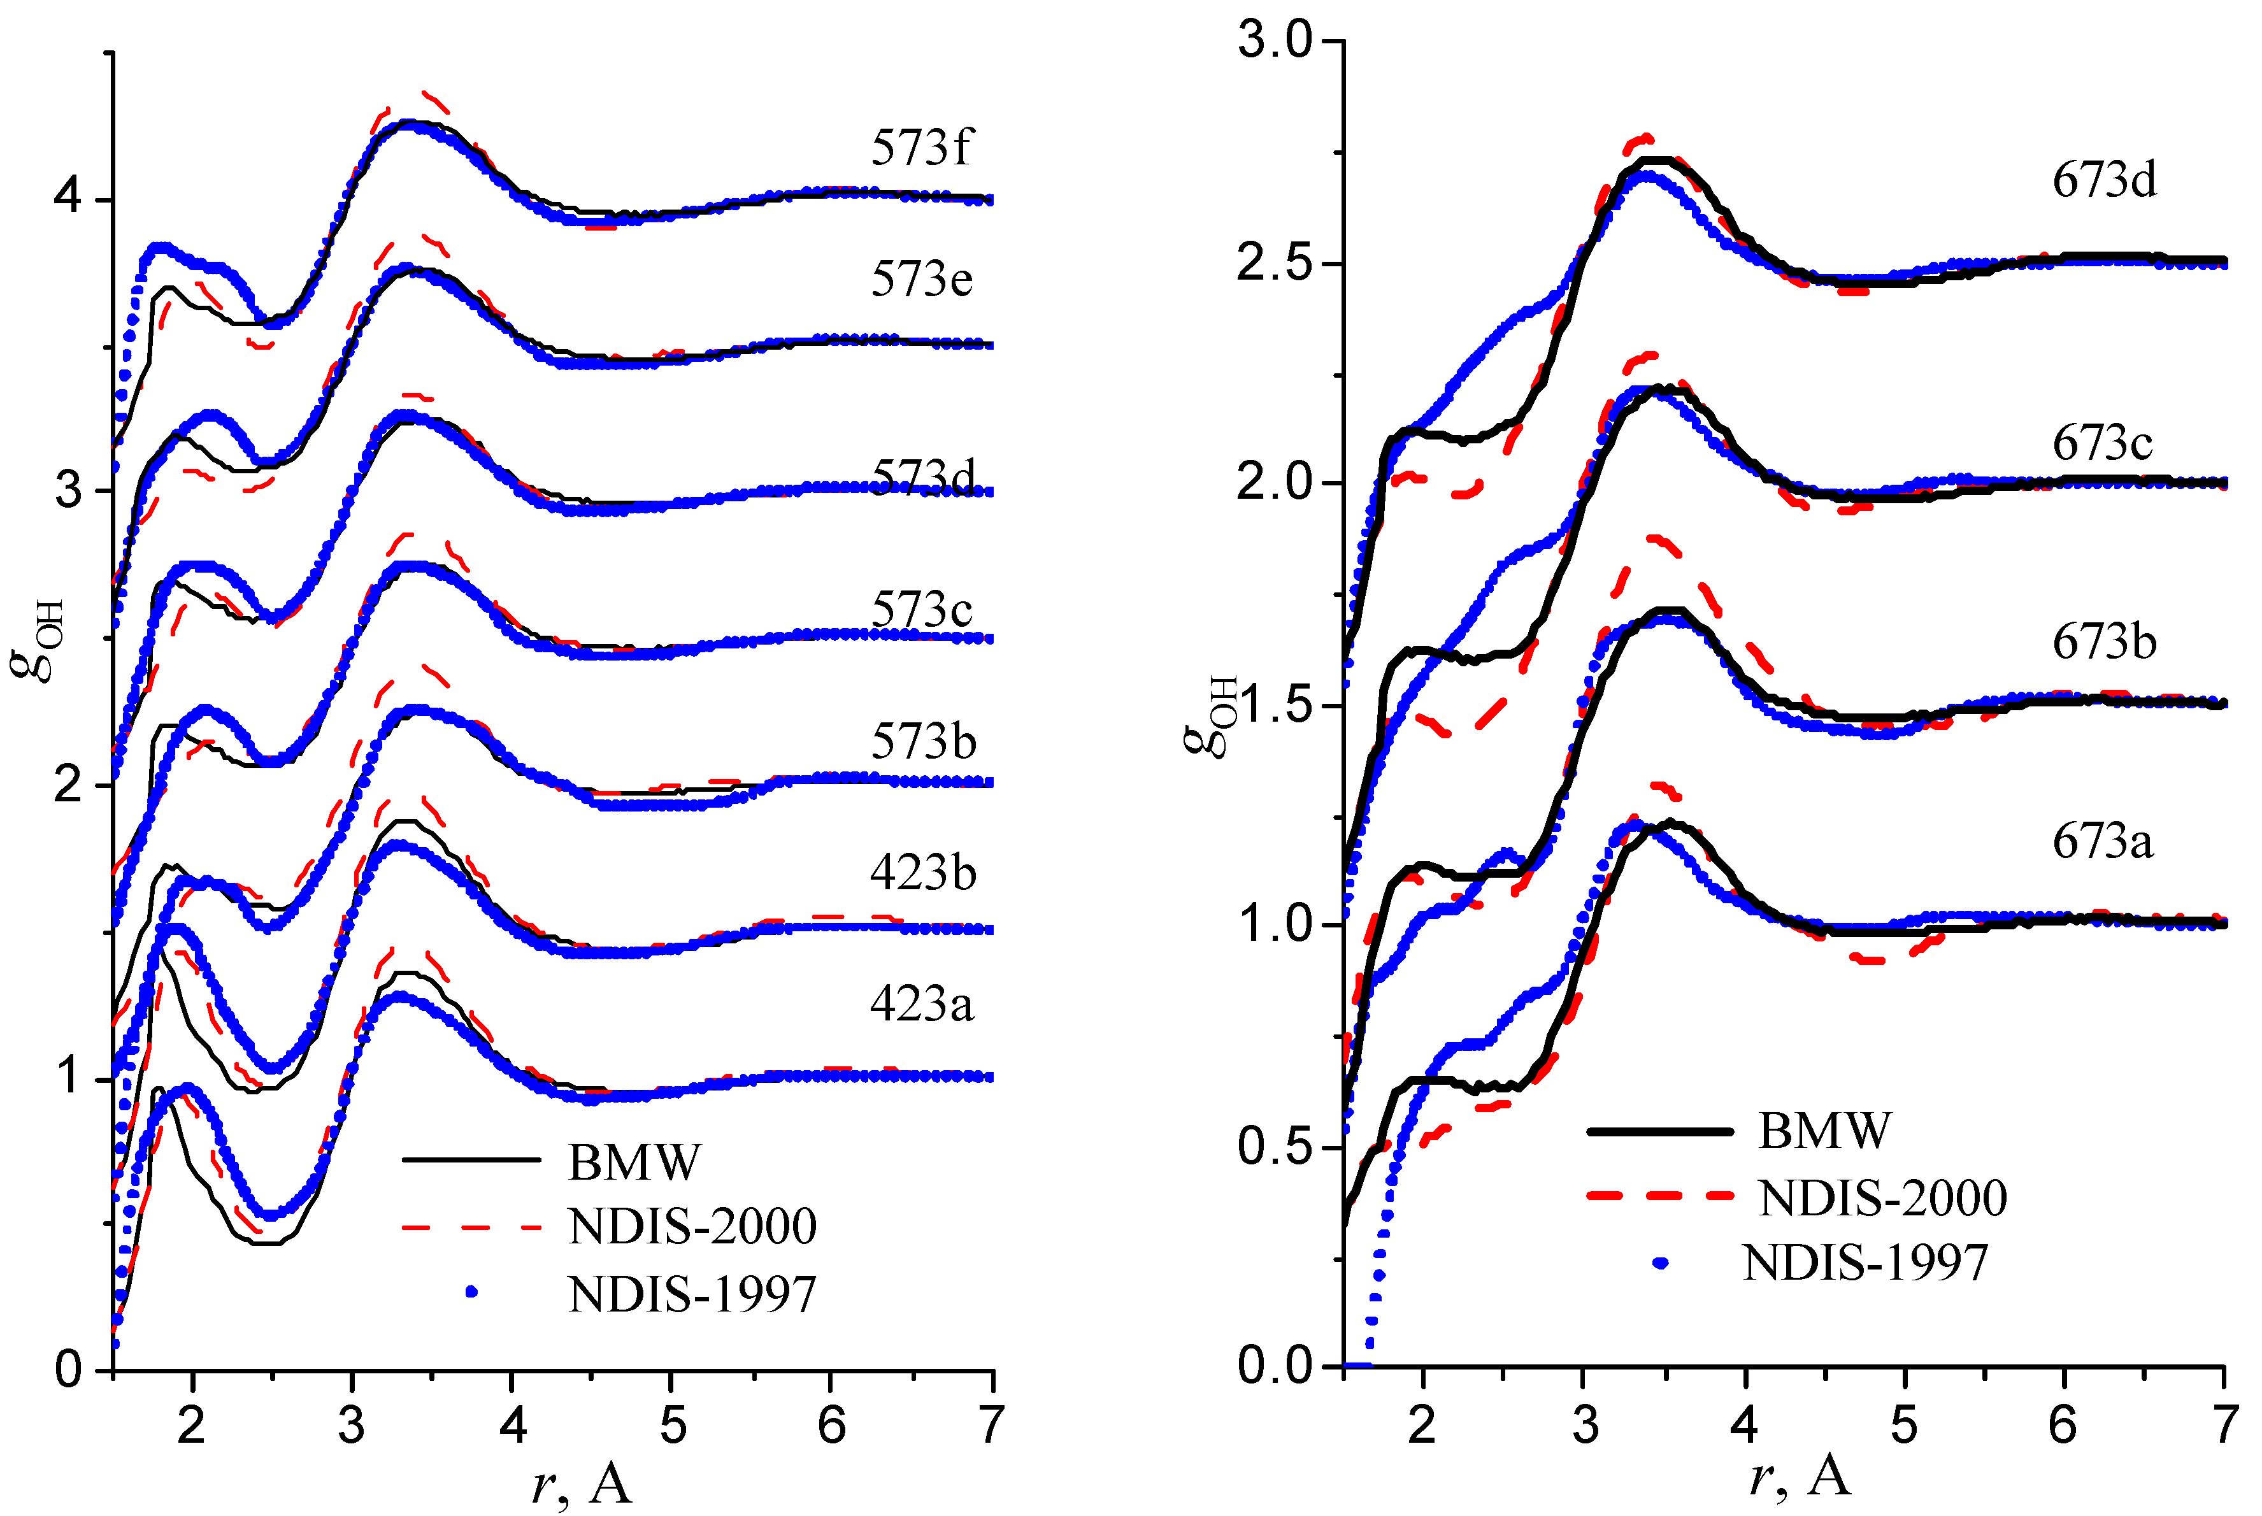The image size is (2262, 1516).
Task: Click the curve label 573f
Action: tap(920, 148)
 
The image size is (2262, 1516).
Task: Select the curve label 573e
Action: tap(921, 280)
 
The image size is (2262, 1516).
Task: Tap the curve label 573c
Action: tap(921, 609)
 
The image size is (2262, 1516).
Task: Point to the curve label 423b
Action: tap(922, 873)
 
